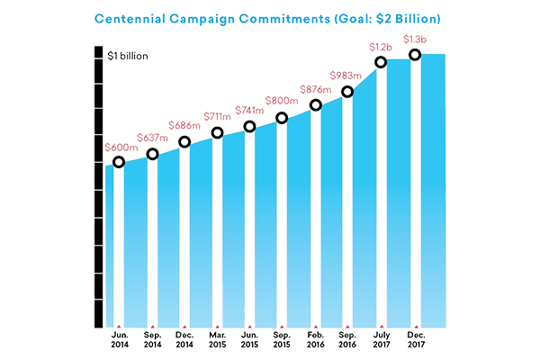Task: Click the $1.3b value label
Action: (x=414, y=39)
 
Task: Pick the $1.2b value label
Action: (x=381, y=46)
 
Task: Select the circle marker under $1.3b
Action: (x=414, y=55)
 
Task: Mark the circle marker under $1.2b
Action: (x=381, y=62)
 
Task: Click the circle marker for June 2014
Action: (x=119, y=162)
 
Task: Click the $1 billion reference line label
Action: (x=123, y=56)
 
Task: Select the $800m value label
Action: (x=282, y=101)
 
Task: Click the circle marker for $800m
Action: (x=282, y=118)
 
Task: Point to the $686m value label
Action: (x=184, y=125)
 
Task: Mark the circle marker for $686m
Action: (x=184, y=141)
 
